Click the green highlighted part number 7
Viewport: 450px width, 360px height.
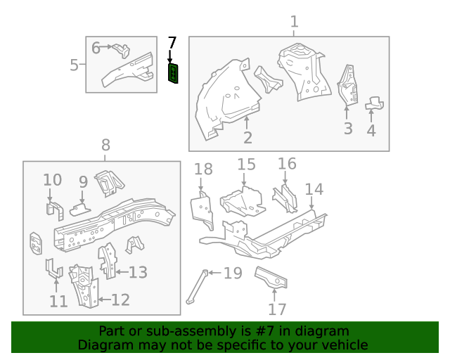[x=173, y=72]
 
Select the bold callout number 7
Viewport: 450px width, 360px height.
[x=172, y=44]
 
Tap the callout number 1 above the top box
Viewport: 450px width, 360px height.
[x=294, y=22]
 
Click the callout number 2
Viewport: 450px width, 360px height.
[x=247, y=137]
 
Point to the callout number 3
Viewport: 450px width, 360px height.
[x=347, y=128]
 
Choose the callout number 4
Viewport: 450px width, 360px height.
[x=371, y=129]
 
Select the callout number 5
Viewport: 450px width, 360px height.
[x=75, y=65]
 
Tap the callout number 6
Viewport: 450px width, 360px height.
[x=96, y=48]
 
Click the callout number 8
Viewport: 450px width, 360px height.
[x=105, y=146]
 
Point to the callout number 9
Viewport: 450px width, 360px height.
[x=83, y=182]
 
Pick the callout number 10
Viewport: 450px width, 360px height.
[x=53, y=180]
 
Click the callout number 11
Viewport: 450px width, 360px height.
[x=58, y=301]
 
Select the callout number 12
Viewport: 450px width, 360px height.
[x=120, y=300]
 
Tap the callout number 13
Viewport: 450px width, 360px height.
[x=138, y=272]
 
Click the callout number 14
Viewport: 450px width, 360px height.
[x=314, y=189]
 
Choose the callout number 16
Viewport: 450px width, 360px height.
[x=287, y=164]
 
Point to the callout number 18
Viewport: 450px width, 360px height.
[x=203, y=169]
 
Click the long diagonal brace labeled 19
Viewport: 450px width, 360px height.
[x=196, y=287]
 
